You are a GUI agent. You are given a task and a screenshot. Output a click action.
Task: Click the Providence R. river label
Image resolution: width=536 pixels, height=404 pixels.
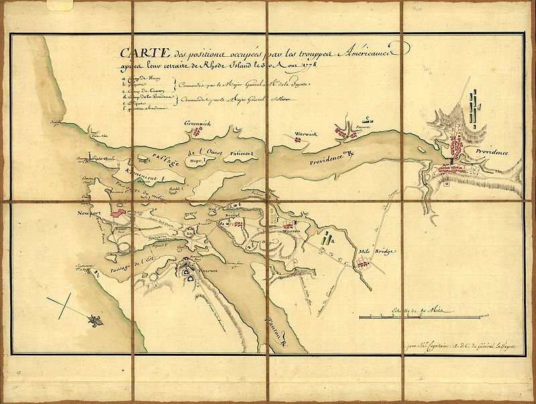coord(335,161)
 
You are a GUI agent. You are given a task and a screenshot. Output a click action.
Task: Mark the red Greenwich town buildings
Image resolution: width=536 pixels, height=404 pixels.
coord(199,132)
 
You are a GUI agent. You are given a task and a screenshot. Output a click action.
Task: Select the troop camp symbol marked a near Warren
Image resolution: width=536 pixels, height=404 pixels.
coord(326,239)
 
